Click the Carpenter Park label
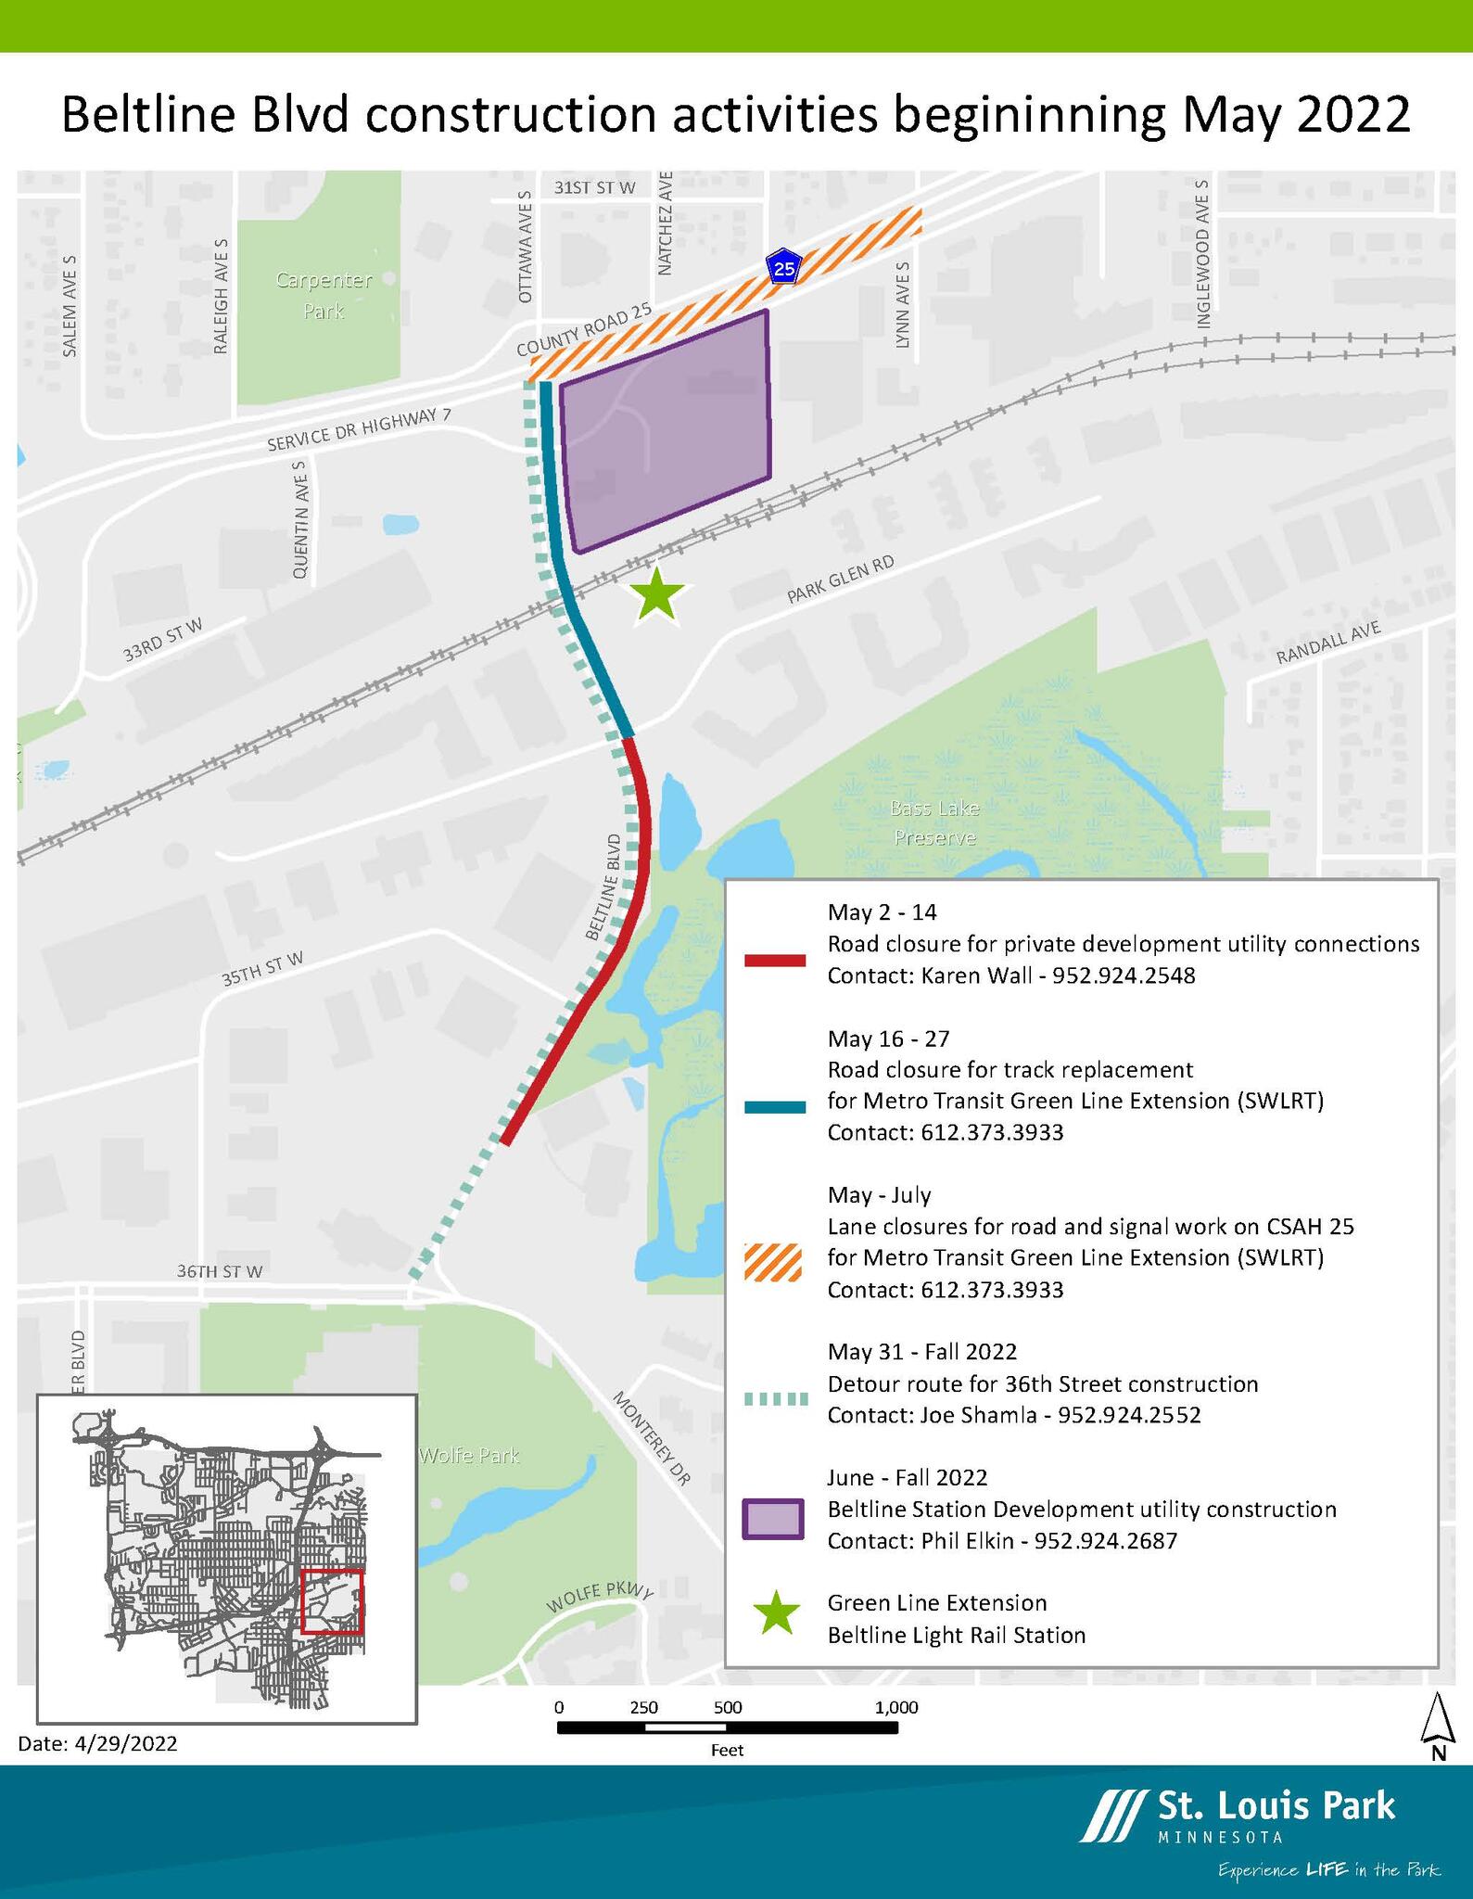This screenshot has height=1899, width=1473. (324, 295)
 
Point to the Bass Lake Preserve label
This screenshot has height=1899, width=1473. (933, 823)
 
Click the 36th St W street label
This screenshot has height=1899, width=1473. (220, 1272)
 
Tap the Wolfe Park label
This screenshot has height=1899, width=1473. (469, 1456)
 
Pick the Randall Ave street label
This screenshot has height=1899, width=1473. (1328, 643)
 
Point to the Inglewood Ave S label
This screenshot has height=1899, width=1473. (1203, 254)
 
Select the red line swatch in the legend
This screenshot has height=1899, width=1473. (774, 961)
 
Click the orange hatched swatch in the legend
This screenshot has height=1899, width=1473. (773, 1261)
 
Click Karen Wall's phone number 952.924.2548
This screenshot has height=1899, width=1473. (1124, 975)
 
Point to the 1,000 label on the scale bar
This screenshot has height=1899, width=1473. (895, 1707)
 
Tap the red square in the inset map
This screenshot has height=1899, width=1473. (332, 1600)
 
